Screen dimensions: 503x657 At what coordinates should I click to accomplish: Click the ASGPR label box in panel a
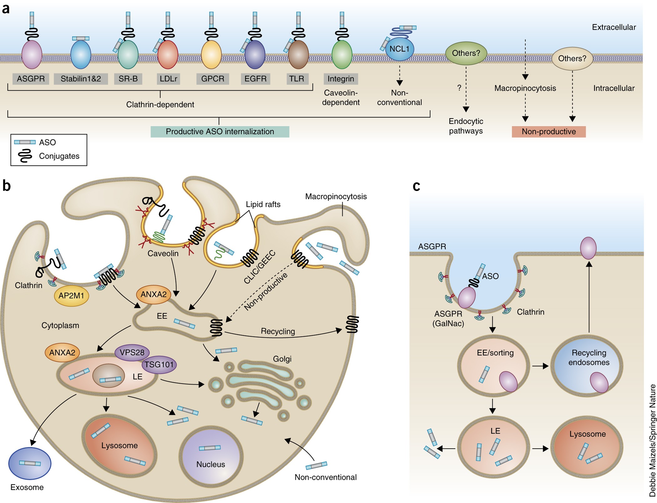[x=31, y=79]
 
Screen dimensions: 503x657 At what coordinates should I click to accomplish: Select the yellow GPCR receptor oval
[x=211, y=54]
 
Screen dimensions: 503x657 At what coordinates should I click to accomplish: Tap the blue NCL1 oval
[x=400, y=49]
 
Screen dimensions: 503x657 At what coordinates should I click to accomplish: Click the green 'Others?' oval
[x=466, y=53]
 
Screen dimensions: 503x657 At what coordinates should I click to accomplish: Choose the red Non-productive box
[x=548, y=132]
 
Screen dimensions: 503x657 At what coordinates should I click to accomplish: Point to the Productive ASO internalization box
[x=220, y=132]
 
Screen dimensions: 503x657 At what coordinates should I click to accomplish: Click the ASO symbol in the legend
[x=25, y=142]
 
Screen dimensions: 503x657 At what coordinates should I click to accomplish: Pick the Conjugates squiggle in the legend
[x=25, y=156]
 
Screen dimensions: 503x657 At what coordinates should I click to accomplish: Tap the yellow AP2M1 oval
[x=71, y=296]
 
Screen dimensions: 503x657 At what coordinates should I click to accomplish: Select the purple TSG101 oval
[x=159, y=365]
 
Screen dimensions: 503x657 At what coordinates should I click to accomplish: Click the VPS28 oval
[x=132, y=353]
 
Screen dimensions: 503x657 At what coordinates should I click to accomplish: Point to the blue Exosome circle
[x=30, y=463]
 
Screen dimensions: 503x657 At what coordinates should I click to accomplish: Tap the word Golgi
[x=282, y=359]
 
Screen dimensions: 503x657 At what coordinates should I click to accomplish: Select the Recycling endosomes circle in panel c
[x=587, y=366]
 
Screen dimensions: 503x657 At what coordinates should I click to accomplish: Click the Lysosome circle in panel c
[x=587, y=447]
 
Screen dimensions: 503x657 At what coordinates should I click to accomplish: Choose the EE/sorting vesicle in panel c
[x=494, y=366]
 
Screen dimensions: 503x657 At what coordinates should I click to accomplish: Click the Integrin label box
[x=341, y=79]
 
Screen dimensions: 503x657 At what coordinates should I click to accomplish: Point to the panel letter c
[x=416, y=186]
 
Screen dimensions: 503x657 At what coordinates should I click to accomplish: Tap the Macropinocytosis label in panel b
[x=336, y=196]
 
